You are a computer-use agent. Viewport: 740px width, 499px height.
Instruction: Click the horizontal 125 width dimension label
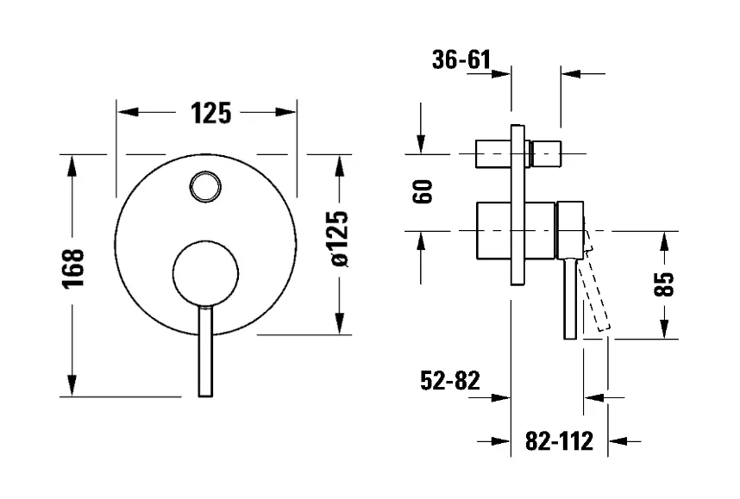click(211, 113)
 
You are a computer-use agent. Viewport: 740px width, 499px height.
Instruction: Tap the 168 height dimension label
click(73, 268)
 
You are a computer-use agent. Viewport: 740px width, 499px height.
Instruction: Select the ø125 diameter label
click(340, 239)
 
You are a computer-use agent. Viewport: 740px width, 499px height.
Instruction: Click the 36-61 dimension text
click(461, 60)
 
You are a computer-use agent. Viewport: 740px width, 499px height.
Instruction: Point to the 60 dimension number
click(423, 191)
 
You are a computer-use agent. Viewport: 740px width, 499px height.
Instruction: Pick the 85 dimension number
click(664, 284)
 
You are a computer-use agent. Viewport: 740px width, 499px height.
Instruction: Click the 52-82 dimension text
click(449, 381)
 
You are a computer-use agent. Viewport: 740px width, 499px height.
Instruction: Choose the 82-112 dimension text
click(559, 441)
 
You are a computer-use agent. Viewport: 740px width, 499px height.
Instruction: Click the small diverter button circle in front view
click(205, 187)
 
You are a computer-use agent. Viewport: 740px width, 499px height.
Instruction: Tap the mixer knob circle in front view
click(205, 274)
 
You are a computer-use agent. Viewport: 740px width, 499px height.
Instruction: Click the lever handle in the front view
click(205, 352)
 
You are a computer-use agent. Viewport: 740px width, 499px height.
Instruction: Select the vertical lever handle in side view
click(570, 298)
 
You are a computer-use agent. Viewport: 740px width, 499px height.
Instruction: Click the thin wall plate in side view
click(517, 205)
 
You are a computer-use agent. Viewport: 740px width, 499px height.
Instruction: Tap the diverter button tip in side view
click(547, 153)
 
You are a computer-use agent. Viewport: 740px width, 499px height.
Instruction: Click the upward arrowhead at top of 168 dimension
click(72, 165)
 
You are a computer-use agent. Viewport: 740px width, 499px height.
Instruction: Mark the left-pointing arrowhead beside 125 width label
click(128, 112)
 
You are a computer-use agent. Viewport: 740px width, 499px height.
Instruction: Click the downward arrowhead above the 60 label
click(421, 144)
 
